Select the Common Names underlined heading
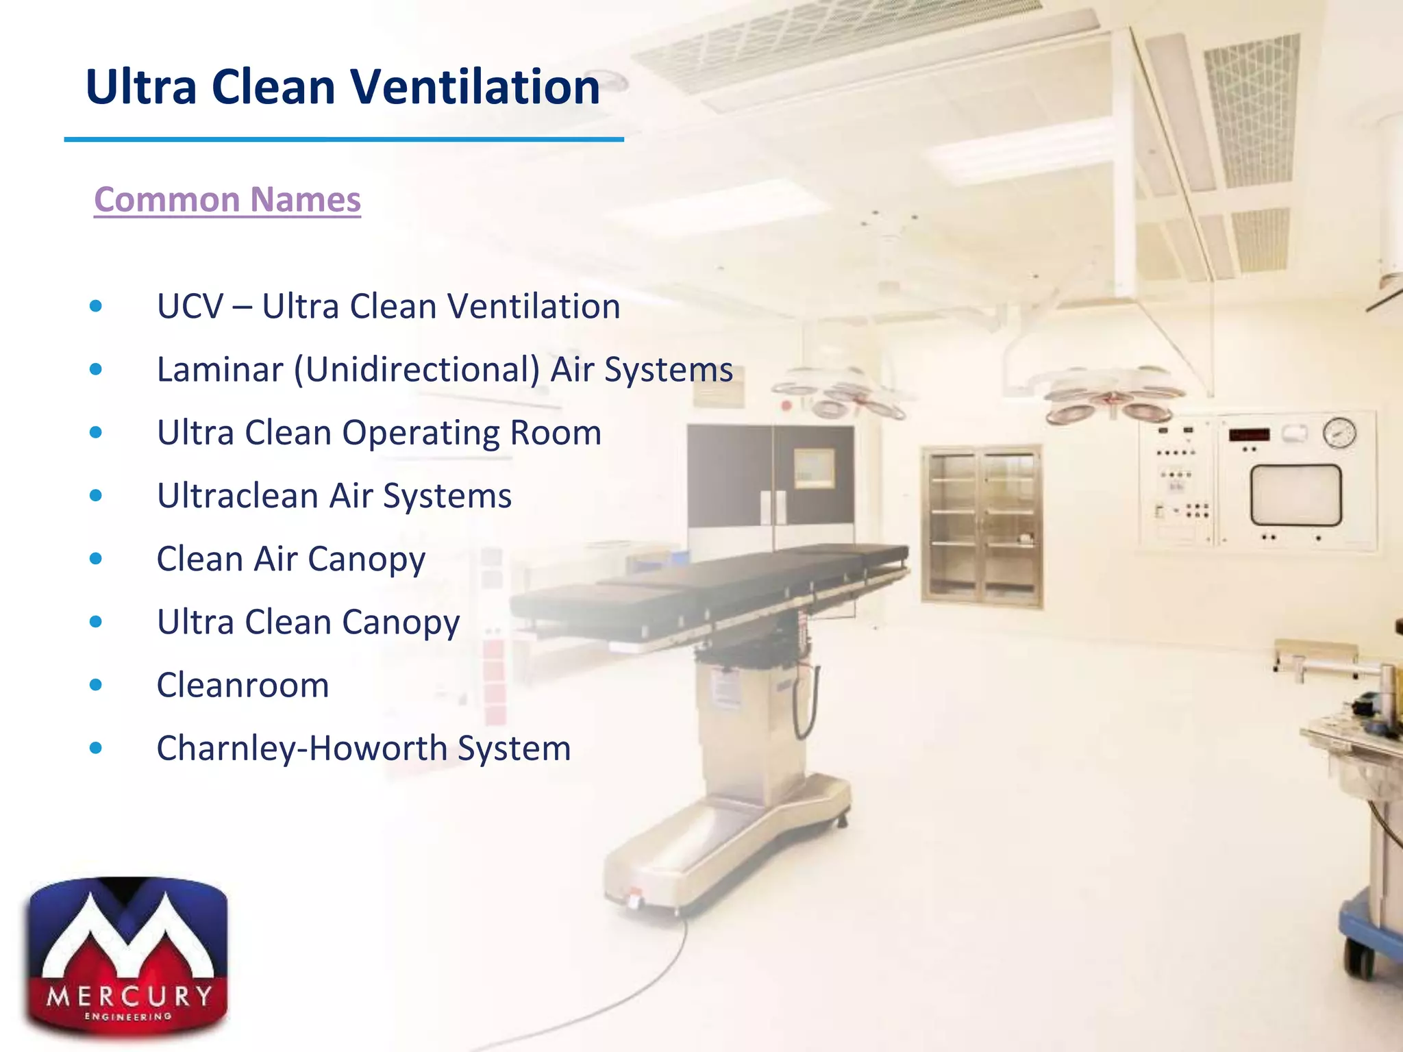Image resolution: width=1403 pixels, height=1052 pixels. pyautogui.click(x=227, y=200)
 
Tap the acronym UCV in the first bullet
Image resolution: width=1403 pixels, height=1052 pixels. pyautogui.click(x=190, y=306)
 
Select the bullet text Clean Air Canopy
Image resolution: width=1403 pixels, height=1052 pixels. pyautogui.click(x=290, y=560)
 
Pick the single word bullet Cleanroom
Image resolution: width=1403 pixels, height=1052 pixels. pyautogui.click(x=243, y=686)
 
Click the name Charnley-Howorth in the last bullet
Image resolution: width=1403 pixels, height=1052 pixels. pyautogui.click(x=301, y=748)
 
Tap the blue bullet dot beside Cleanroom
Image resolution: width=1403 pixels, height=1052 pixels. pyautogui.click(x=96, y=685)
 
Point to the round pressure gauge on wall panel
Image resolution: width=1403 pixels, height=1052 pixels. pyautogui.click(x=1339, y=433)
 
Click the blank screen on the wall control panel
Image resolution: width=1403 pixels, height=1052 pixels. pyautogui.click(x=1295, y=494)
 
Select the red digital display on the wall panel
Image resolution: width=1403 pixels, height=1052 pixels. pyautogui.click(x=1249, y=435)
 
